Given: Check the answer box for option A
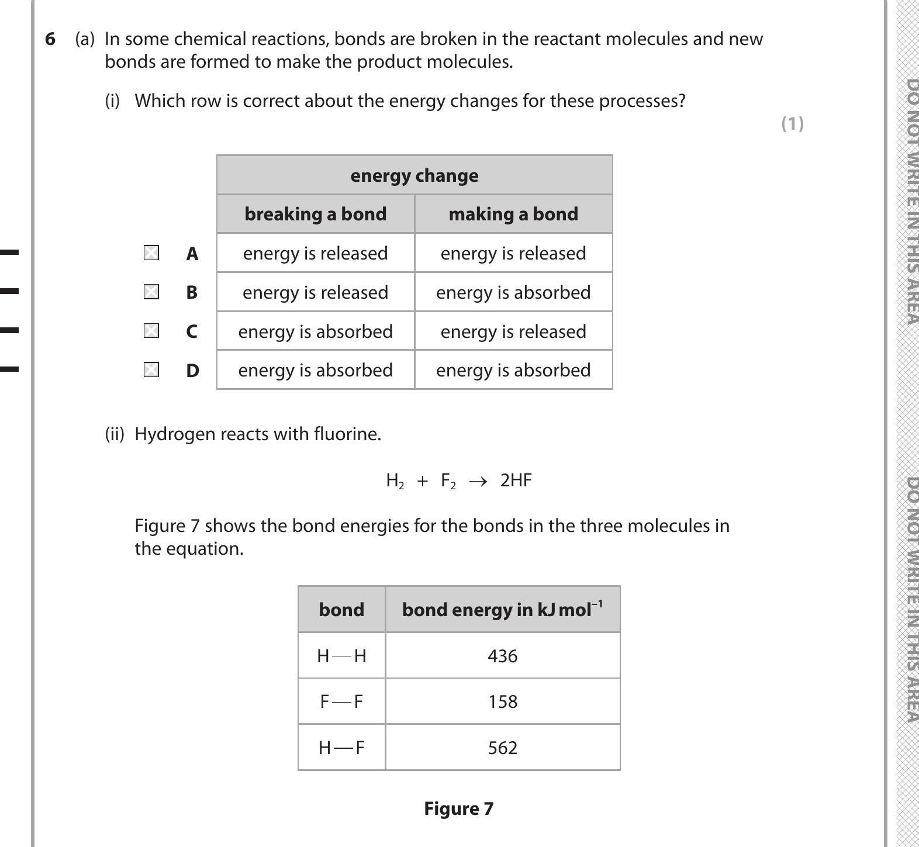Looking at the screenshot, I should (x=151, y=253).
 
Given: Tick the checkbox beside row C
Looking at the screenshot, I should (x=151, y=331).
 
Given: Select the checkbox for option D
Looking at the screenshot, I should (x=151, y=369).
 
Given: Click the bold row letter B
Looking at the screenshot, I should (x=192, y=292).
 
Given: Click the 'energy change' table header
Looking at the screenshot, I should (x=414, y=175).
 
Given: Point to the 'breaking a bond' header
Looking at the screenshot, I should (x=315, y=214).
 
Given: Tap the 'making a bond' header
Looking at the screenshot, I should (x=513, y=214).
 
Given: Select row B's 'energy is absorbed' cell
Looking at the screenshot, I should (x=513, y=292).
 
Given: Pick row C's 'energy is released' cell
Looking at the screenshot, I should (x=513, y=331).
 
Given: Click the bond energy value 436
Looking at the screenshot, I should (x=502, y=656).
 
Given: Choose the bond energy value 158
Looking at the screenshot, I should (x=502, y=701).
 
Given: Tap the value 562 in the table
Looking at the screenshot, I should (x=502, y=748).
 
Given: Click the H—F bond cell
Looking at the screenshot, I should (x=341, y=748).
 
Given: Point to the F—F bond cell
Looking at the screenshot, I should (x=341, y=701).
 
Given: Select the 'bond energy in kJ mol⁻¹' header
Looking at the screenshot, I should (x=502, y=609).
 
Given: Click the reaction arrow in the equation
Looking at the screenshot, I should (x=478, y=481).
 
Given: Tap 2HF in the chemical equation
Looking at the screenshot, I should (x=516, y=480).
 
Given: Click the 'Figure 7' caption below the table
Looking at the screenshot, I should (x=458, y=808).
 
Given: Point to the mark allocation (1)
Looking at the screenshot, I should (x=792, y=123).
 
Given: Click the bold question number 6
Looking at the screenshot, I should (x=50, y=39).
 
